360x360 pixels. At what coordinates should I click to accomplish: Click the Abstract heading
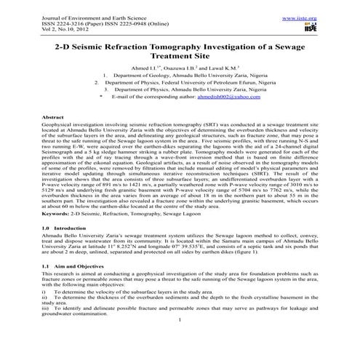click(x=55, y=116)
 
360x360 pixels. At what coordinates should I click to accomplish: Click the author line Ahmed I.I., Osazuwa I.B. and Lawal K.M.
click(x=179, y=67)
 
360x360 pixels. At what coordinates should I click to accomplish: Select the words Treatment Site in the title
click(x=179, y=58)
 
